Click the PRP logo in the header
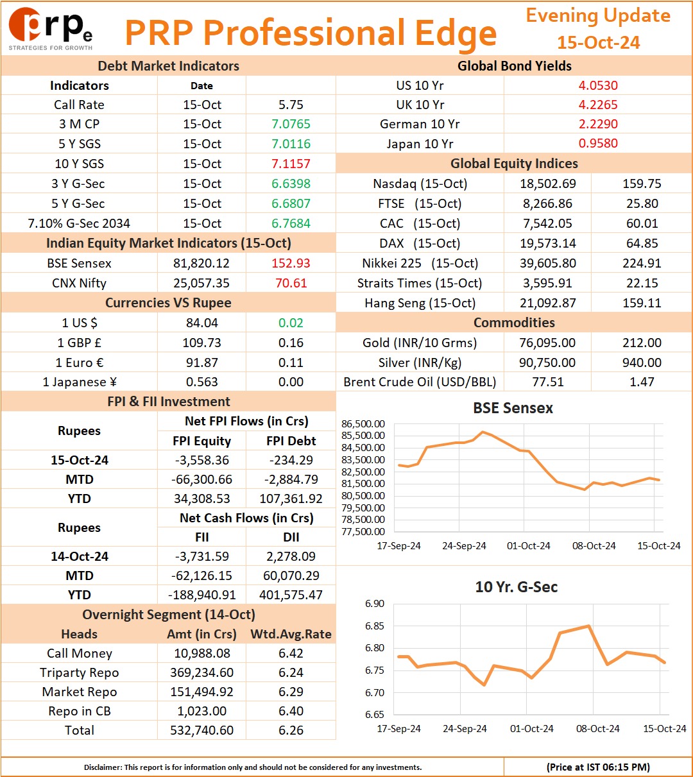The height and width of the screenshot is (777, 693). (x=50, y=29)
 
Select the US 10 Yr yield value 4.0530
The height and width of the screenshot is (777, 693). (x=598, y=85)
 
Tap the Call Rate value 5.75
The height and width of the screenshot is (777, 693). (x=291, y=105)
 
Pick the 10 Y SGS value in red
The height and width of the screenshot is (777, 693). (x=291, y=164)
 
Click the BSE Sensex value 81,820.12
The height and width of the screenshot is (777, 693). (x=201, y=263)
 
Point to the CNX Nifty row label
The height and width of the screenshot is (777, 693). (x=79, y=283)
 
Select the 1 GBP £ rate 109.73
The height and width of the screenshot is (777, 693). (x=201, y=343)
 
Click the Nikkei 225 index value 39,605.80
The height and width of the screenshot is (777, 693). (x=547, y=263)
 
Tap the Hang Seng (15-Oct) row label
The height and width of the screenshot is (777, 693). (x=420, y=303)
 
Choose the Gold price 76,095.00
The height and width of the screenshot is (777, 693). (x=547, y=343)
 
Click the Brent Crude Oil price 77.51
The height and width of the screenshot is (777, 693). (x=547, y=382)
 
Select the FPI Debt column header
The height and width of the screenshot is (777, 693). (x=291, y=441)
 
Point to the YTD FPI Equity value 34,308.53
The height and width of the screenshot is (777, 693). (x=201, y=499)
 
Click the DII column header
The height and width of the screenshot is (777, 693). (x=291, y=537)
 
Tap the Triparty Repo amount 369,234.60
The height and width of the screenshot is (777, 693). (x=201, y=672)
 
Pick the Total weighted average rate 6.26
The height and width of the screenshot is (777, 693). (x=291, y=730)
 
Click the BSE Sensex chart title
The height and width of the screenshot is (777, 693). (x=513, y=408)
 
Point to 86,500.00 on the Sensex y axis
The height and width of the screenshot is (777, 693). (x=363, y=423)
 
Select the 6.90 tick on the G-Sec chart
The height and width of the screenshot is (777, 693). (x=374, y=604)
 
